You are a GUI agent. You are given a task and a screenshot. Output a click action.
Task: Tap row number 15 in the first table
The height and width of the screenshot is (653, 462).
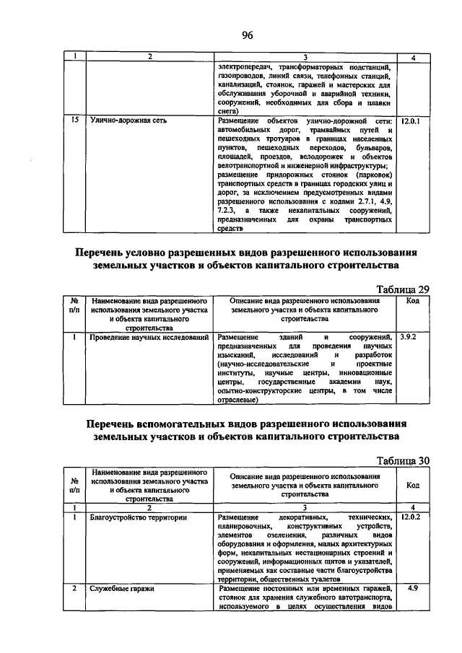click(74, 121)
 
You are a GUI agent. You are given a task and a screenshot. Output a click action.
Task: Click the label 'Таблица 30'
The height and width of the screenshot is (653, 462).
click(404, 459)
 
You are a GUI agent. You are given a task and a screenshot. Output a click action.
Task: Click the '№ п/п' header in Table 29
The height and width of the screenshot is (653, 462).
click(74, 304)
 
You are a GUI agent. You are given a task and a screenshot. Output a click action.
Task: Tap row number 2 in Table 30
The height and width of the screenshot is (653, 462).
click(74, 589)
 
